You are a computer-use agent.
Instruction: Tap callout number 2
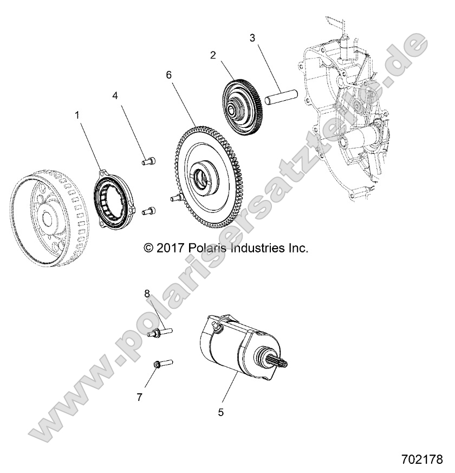pos(213,55)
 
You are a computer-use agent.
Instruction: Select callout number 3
pos(252,38)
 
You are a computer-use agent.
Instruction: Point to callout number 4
pos(115,95)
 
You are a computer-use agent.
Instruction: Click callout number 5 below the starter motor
pos(220,412)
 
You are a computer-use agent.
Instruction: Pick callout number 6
pos(169,75)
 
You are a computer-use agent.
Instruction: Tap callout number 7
pos(139,397)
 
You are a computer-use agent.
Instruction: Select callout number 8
pos(146,293)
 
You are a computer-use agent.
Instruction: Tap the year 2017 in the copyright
pos(170,248)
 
